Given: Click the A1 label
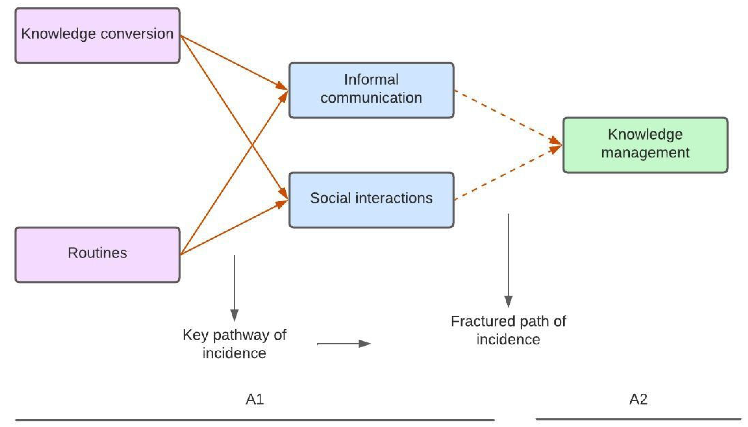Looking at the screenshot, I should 255,399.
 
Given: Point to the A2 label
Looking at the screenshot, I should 638,399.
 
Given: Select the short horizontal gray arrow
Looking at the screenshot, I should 343,343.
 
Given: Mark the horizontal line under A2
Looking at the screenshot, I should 638,419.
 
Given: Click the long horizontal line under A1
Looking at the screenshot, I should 255,420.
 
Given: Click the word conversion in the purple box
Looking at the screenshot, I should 137,33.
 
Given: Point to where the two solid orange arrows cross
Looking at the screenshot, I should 252,145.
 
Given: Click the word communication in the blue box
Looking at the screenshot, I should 371,98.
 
